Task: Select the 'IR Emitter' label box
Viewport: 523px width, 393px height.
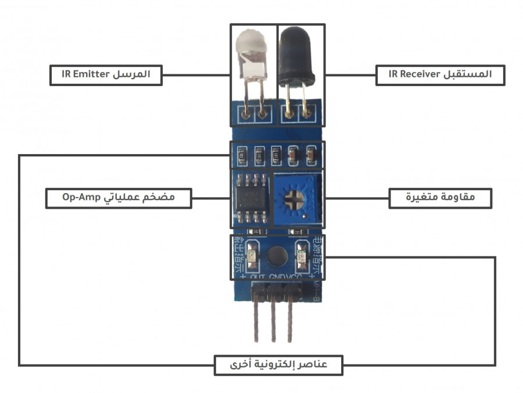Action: (105, 74)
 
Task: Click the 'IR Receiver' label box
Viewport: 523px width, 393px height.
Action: (440, 74)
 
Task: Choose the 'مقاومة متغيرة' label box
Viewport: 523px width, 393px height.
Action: (440, 198)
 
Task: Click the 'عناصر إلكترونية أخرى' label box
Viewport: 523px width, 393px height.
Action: (278, 365)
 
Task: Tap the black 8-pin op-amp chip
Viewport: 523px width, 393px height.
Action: (250, 198)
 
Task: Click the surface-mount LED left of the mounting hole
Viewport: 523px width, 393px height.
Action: (252, 256)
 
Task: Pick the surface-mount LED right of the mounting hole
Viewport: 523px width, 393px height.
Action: (301, 256)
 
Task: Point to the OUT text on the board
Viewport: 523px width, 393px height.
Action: (257, 277)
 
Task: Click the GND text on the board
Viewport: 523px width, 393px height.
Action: (277, 277)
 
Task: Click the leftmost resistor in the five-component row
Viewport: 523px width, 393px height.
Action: (241, 155)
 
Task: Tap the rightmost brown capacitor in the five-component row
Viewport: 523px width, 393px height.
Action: (311, 155)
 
